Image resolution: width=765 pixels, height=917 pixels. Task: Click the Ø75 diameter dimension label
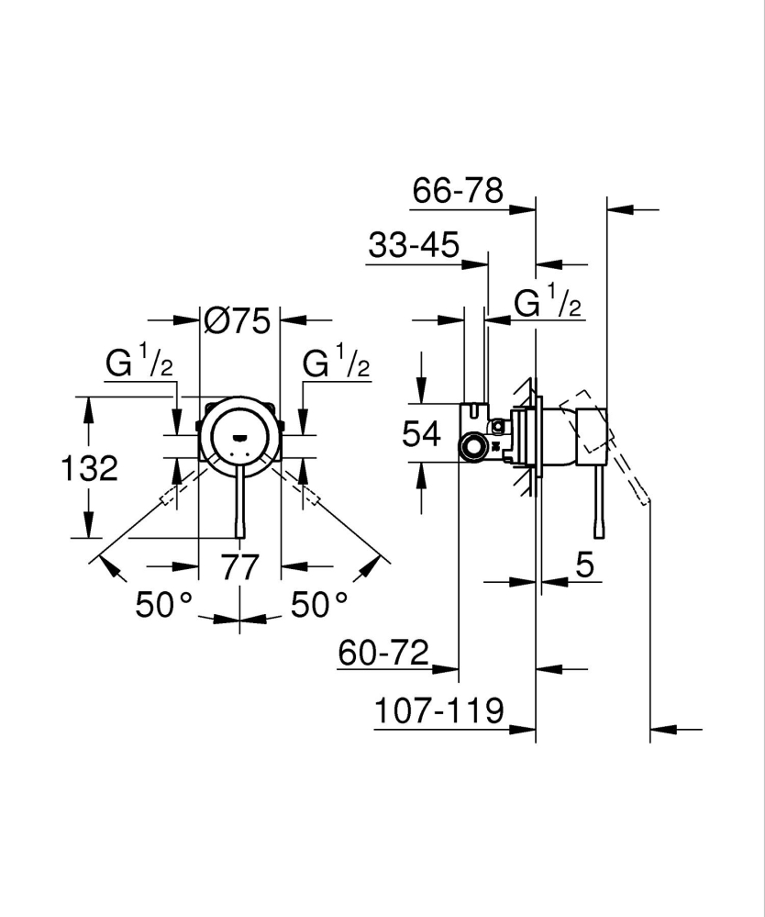238,320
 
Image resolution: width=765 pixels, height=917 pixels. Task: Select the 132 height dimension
90,468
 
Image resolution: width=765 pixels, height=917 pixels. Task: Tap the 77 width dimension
240,566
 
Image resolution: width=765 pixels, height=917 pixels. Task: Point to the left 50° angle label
164,603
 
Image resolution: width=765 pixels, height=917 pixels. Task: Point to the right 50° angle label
319,603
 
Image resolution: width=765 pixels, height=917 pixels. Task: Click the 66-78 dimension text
458,191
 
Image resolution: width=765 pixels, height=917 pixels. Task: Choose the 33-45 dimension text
413,245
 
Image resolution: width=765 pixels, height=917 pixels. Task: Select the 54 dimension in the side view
422,433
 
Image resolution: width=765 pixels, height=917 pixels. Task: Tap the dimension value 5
585,565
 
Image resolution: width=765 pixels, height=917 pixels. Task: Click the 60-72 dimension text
383,654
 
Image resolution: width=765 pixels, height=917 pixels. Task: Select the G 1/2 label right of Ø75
336,363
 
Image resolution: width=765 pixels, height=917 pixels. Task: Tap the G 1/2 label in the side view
548,302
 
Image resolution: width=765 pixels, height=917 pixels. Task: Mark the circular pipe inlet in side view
474,449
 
